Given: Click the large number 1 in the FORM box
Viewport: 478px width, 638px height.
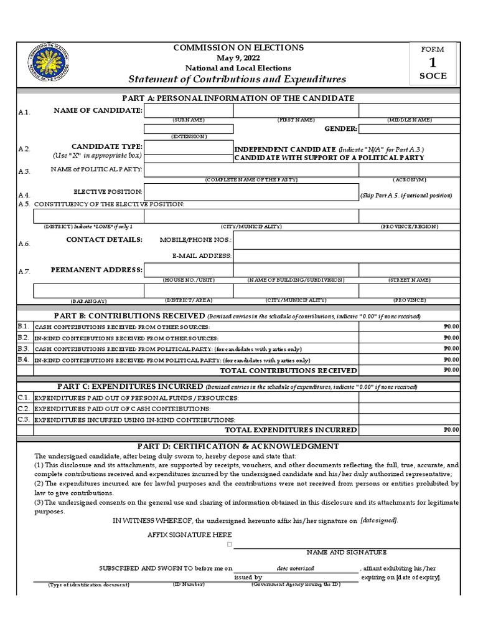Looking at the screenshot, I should click(x=432, y=63).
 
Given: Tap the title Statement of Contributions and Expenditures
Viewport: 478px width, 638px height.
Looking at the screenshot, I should click(x=237, y=79).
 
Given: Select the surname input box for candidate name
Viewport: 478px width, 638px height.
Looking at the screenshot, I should click(x=188, y=110).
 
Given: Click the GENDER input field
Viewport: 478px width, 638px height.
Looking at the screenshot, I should click(x=409, y=129).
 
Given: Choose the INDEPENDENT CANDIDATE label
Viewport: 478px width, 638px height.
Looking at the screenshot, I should click(x=284, y=150).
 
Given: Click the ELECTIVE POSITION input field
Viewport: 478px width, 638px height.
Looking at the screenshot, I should click(x=251, y=192).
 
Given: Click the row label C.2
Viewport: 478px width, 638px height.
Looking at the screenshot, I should click(x=24, y=408).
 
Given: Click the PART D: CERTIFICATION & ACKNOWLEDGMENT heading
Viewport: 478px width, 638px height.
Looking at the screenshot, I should click(x=238, y=446).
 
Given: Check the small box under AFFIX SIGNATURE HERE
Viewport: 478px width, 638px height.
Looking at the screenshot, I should click(x=229, y=544).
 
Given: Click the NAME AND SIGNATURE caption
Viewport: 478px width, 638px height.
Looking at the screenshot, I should click(x=346, y=552).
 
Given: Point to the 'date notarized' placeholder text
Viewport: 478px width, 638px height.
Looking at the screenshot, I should click(x=296, y=568).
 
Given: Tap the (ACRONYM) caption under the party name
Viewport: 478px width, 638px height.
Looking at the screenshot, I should click(x=408, y=179).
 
